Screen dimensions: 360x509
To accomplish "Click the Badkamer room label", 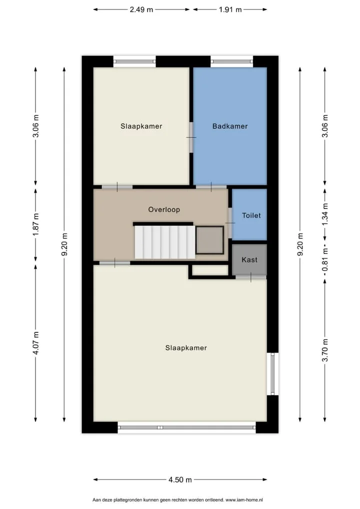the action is point(230,126).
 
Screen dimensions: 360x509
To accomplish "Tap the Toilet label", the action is point(251,215).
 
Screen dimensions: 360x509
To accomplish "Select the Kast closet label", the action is point(249,259).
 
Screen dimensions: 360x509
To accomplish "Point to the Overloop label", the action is point(164,209).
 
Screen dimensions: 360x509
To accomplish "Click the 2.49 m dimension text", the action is point(141,9).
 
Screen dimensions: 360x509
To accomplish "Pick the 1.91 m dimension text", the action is point(230,9).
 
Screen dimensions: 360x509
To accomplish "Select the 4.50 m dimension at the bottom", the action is point(180,479).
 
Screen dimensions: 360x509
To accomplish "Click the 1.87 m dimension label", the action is point(35,224).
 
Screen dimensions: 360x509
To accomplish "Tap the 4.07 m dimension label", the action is point(35,343).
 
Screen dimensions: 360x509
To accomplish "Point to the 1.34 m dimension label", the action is point(325,214).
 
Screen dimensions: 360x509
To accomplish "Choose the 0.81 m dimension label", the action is point(325,260).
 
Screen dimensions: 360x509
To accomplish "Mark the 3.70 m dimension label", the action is point(325,350).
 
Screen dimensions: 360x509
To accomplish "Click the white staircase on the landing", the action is point(165,242).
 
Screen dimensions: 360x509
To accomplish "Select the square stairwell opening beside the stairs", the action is point(209,240).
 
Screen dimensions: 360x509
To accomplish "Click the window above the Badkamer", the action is point(232,61).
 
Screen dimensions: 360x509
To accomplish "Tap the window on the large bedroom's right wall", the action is point(272,374).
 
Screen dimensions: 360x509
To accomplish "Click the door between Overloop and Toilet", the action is point(230,223).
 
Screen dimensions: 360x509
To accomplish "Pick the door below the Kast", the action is point(251,277).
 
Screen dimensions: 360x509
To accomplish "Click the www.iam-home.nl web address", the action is point(244,500).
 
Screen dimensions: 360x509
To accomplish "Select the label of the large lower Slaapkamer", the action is point(186,348).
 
